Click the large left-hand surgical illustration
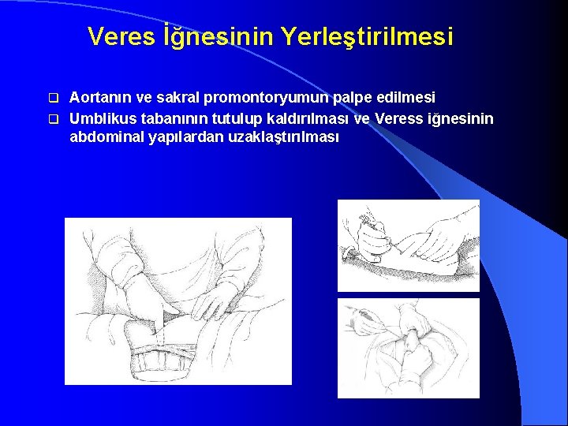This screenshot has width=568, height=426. [x=177, y=301]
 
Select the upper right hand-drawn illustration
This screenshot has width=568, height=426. [x=409, y=245]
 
